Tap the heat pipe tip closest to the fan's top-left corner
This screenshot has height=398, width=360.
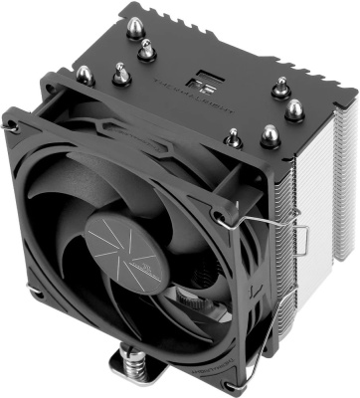click(84, 73)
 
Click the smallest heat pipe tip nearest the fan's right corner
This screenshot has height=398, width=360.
click(232, 136)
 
